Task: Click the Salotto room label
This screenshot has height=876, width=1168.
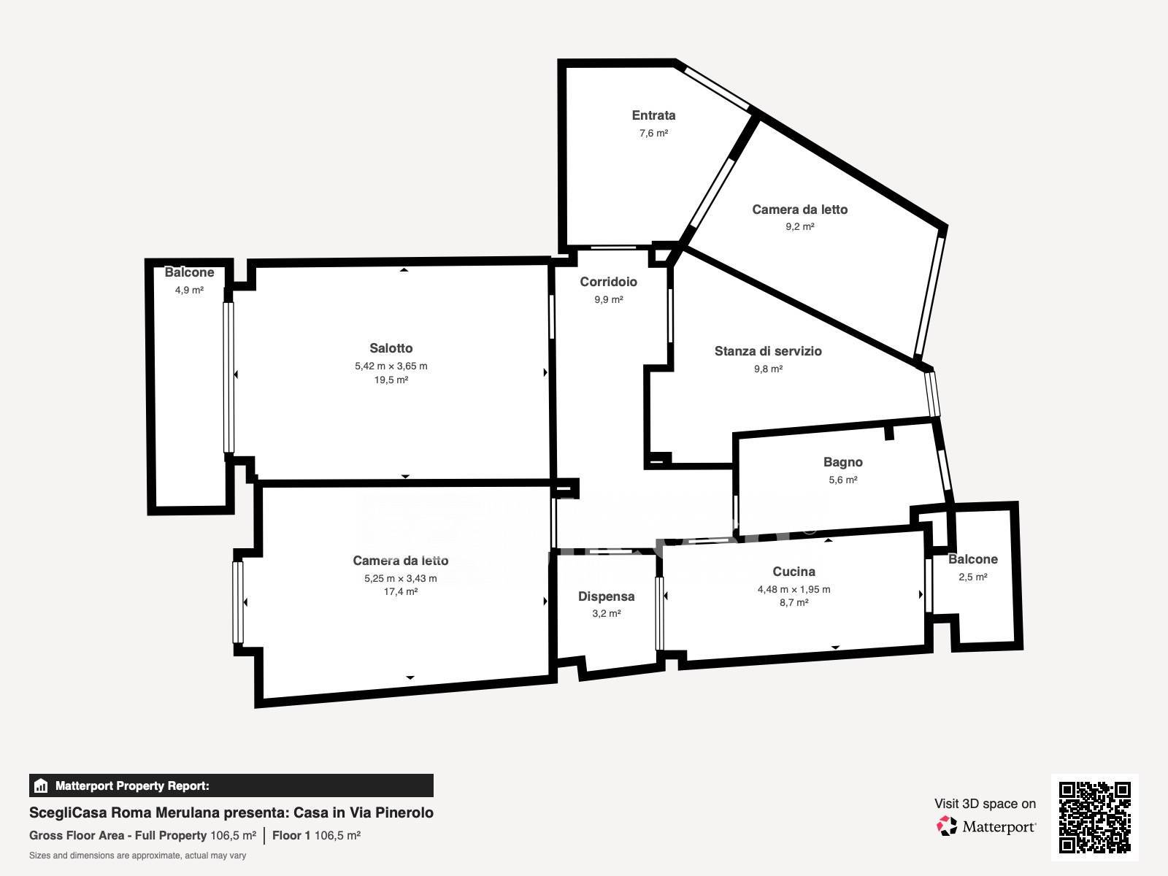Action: click(391, 348)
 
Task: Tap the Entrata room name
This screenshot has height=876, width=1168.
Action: click(653, 115)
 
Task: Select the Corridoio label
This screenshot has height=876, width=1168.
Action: click(608, 282)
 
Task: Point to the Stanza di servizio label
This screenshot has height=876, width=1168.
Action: click(768, 351)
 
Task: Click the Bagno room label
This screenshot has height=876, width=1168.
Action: click(843, 462)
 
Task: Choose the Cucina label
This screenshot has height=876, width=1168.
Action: click(794, 572)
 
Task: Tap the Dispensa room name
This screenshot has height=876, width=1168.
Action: click(606, 596)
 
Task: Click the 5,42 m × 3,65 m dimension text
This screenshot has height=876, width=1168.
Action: click(391, 366)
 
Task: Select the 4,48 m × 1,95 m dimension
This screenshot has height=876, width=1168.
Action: click(794, 589)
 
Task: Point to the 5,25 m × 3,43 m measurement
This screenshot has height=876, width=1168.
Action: click(401, 578)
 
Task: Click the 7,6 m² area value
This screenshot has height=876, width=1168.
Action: click(653, 133)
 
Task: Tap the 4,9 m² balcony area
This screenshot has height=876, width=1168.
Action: click(189, 290)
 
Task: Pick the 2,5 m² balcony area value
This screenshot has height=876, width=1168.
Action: click(972, 577)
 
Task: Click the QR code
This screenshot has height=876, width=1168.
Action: click(1094, 818)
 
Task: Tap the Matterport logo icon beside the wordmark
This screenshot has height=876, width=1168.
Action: click(947, 826)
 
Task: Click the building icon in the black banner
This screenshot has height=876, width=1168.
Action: click(40, 785)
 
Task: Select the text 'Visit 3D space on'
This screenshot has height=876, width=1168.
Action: click(985, 804)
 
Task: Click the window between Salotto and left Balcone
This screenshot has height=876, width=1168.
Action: click(228, 377)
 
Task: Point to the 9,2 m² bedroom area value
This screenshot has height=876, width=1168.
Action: click(800, 226)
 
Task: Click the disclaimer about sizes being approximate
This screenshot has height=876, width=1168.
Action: click(137, 856)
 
